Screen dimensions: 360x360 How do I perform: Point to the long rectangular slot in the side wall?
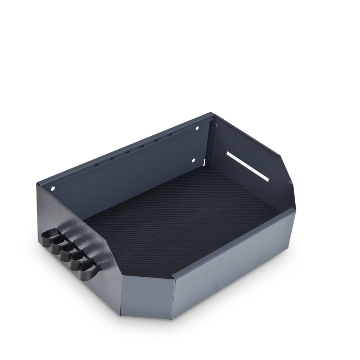(x=247, y=166)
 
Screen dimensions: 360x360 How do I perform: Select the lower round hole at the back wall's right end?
(x=194, y=160)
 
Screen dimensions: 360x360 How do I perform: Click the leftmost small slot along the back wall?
(x=97, y=166)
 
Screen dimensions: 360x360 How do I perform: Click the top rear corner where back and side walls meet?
(x=213, y=114)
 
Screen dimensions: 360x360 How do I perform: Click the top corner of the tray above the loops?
(x=37, y=183)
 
